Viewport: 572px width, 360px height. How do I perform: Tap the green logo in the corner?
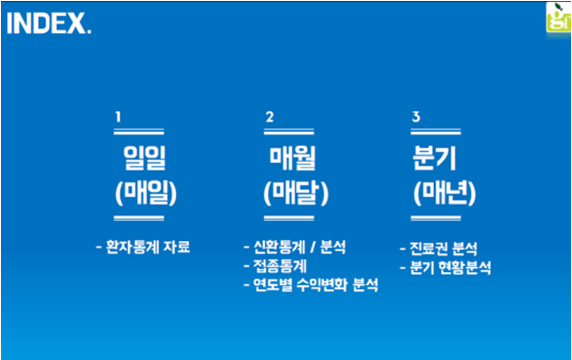[558, 18]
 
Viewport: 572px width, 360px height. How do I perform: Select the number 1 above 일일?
[118, 117]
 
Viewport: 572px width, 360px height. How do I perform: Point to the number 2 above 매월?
[269, 117]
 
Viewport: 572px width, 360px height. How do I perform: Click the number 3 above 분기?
[416, 117]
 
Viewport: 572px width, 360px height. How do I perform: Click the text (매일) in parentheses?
[145, 194]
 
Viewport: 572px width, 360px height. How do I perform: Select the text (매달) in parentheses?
[296, 194]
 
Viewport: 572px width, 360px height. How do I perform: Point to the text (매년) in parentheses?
[444, 194]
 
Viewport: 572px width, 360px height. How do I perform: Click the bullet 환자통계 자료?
[143, 247]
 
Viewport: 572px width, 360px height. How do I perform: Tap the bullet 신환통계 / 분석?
[295, 247]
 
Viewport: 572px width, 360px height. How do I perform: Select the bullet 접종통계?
[275, 266]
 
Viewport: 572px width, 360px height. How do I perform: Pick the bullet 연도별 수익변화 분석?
[310, 285]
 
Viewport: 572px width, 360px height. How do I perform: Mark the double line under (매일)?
[139, 218]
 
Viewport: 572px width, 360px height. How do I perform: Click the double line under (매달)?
[288, 218]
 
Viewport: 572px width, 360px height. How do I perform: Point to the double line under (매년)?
[436, 218]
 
